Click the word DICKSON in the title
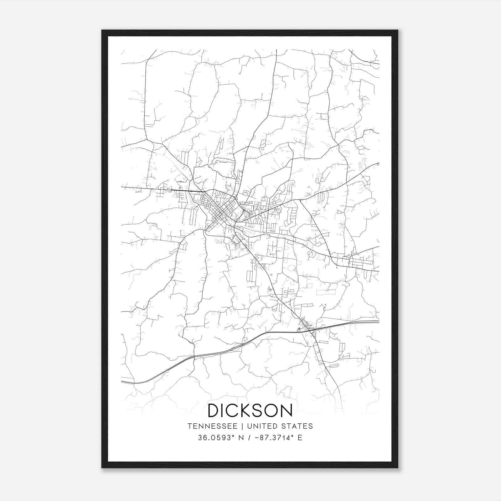[x=250, y=411]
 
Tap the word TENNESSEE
[x=212, y=426]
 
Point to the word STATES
[x=298, y=426]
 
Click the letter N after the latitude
[x=241, y=438]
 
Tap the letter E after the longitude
[x=300, y=438]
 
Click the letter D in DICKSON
[x=214, y=411]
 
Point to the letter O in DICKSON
[x=272, y=411]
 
